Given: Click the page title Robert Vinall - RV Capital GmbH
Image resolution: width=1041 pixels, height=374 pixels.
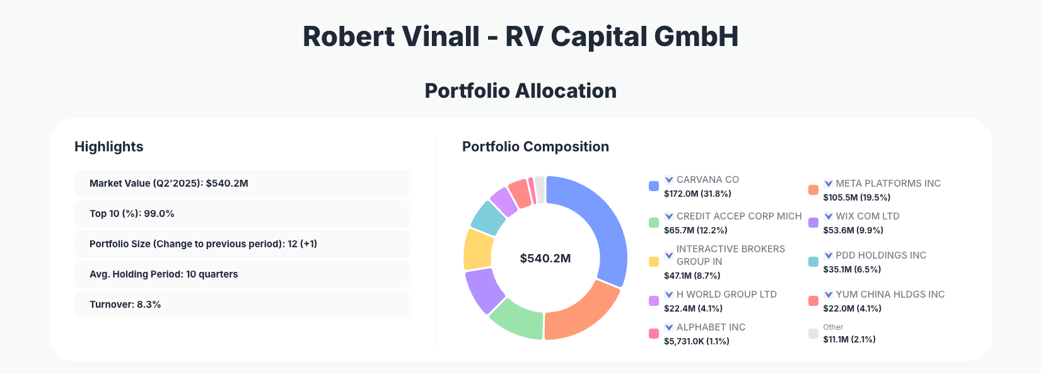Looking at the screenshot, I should [520, 37].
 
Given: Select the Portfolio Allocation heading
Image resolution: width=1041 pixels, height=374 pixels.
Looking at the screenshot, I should [520, 91].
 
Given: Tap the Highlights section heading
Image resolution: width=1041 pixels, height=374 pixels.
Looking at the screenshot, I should [109, 147].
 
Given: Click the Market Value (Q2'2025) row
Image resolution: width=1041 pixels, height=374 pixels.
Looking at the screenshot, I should [242, 184].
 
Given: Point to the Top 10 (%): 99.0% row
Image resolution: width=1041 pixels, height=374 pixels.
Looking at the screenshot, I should [242, 214].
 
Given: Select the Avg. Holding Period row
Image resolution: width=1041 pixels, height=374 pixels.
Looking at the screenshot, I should [242, 274].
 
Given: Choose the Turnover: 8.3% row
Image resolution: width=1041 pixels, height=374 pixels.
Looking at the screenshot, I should [242, 305].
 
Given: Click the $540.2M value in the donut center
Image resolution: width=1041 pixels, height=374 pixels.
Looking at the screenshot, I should [545, 259].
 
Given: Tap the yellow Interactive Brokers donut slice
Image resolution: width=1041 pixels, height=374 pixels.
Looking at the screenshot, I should [477, 249].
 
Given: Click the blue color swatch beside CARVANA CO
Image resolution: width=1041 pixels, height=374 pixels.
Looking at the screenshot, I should [654, 186].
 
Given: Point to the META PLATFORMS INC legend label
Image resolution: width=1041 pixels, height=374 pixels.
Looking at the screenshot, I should [888, 184].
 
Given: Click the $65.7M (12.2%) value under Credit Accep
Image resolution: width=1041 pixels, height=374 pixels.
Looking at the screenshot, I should [695, 230].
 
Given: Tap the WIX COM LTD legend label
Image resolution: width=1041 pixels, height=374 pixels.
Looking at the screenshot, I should [867, 216].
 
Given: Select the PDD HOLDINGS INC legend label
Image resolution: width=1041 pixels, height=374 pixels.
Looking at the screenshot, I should [880, 255].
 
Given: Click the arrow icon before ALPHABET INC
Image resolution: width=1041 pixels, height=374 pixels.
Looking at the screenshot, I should [669, 327].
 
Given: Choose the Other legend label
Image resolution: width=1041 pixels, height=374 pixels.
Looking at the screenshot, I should [833, 327].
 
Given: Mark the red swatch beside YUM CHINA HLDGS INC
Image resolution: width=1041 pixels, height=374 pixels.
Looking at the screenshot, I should [813, 301].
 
